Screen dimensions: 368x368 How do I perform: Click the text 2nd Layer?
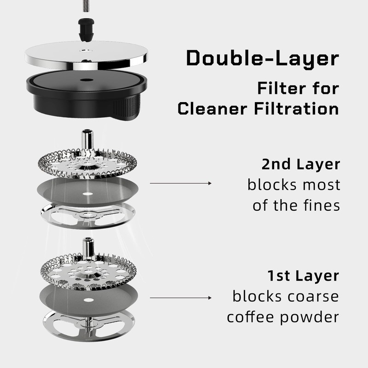[x=300, y=165]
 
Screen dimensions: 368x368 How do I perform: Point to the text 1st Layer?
[x=303, y=276]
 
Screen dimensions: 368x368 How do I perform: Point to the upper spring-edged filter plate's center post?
[x=86, y=138]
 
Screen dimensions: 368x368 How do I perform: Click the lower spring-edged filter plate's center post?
[x=86, y=247]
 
